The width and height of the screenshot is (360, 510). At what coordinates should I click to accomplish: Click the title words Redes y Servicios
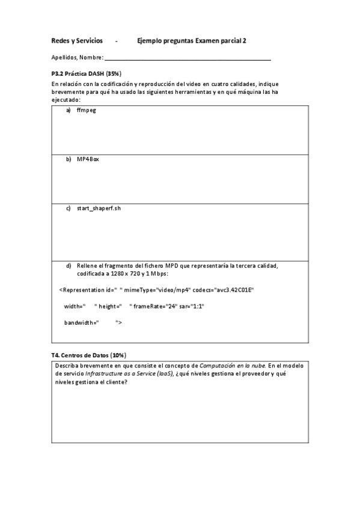(77, 41)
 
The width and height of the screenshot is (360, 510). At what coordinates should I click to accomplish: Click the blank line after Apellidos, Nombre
(188, 58)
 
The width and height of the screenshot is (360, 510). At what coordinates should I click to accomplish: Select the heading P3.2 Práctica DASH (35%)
(87, 73)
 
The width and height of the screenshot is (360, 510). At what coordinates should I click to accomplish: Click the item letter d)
(69, 265)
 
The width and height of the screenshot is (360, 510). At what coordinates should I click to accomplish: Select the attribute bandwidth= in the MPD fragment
(81, 323)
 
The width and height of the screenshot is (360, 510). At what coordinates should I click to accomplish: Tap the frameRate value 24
(173, 306)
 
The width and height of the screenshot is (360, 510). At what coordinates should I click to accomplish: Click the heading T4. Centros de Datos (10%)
(89, 355)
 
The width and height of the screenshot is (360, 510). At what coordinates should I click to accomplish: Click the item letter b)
(69, 159)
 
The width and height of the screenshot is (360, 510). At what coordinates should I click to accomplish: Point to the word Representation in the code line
(84, 289)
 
